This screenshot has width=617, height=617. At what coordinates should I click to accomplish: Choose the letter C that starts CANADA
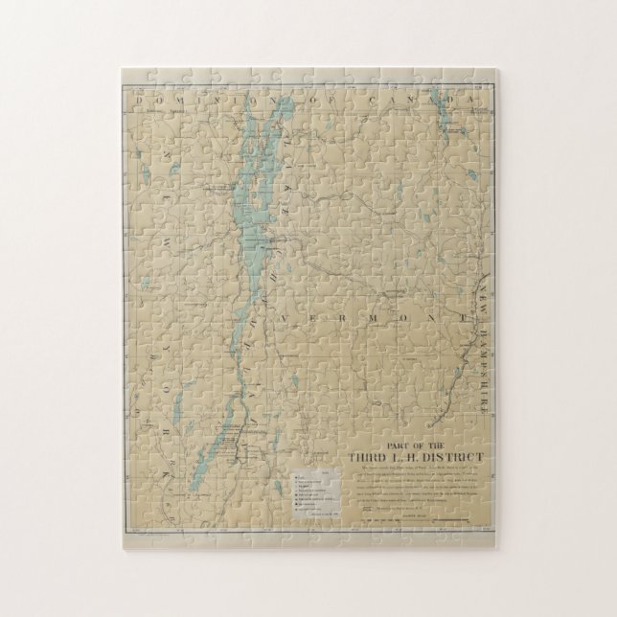pos(381,98)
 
